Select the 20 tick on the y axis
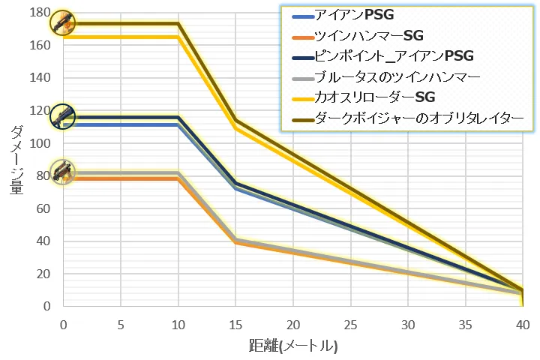pyautogui.click(x=43, y=274)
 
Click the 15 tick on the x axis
pyautogui.click(x=235, y=323)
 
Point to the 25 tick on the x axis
pyautogui.click(x=350, y=323)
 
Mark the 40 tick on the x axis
pyautogui.click(x=522, y=323)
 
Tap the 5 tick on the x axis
pyautogui.click(x=121, y=323)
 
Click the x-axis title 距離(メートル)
pyautogui.click(x=293, y=346)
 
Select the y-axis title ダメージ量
pyautogui.click(x=16, y=160)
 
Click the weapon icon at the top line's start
pyautogui.click(x=62, y=22)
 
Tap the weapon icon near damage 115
pyautogui.click(x=62, y=115)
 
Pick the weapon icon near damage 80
pyautogui.click(x=62, y=172)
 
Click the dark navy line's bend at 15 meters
pyautogui.click(x=235, y=183)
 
